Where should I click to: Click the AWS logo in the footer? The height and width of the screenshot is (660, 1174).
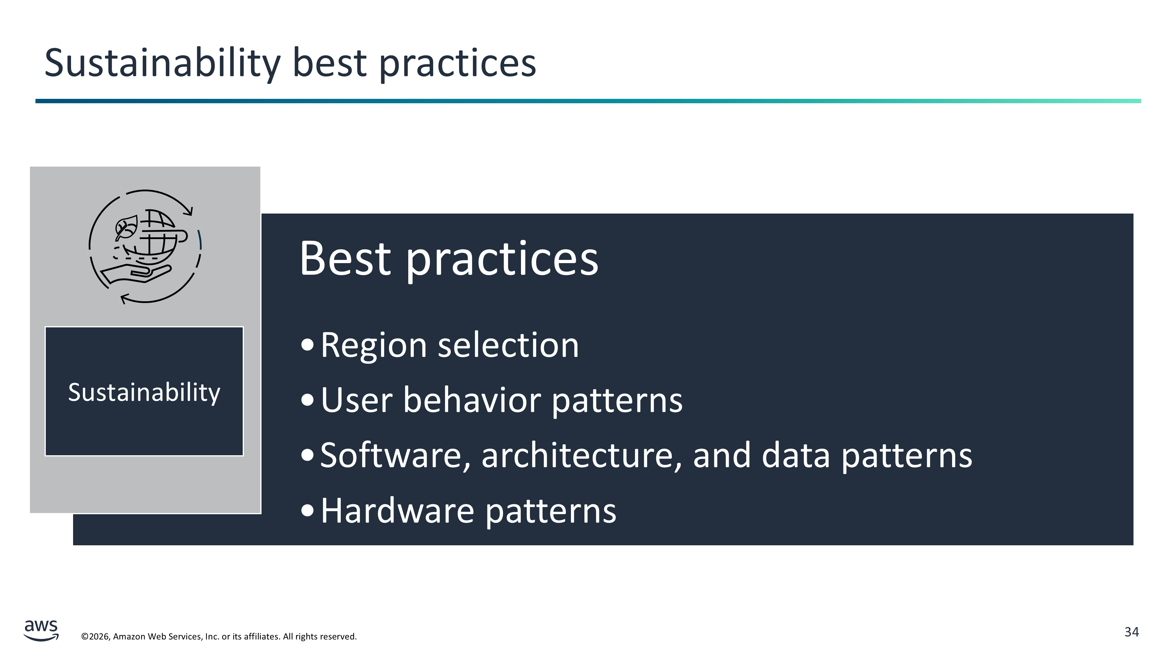coord(41,630)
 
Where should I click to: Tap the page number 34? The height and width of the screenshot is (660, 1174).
coord(1132,632)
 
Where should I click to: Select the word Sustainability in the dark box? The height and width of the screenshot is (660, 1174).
coord(144,393)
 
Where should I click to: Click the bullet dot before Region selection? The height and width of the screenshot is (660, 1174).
coord(308,345)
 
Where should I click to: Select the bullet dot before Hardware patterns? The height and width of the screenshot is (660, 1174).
coord(308,510)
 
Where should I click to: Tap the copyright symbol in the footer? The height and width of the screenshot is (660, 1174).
coord(85,636)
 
